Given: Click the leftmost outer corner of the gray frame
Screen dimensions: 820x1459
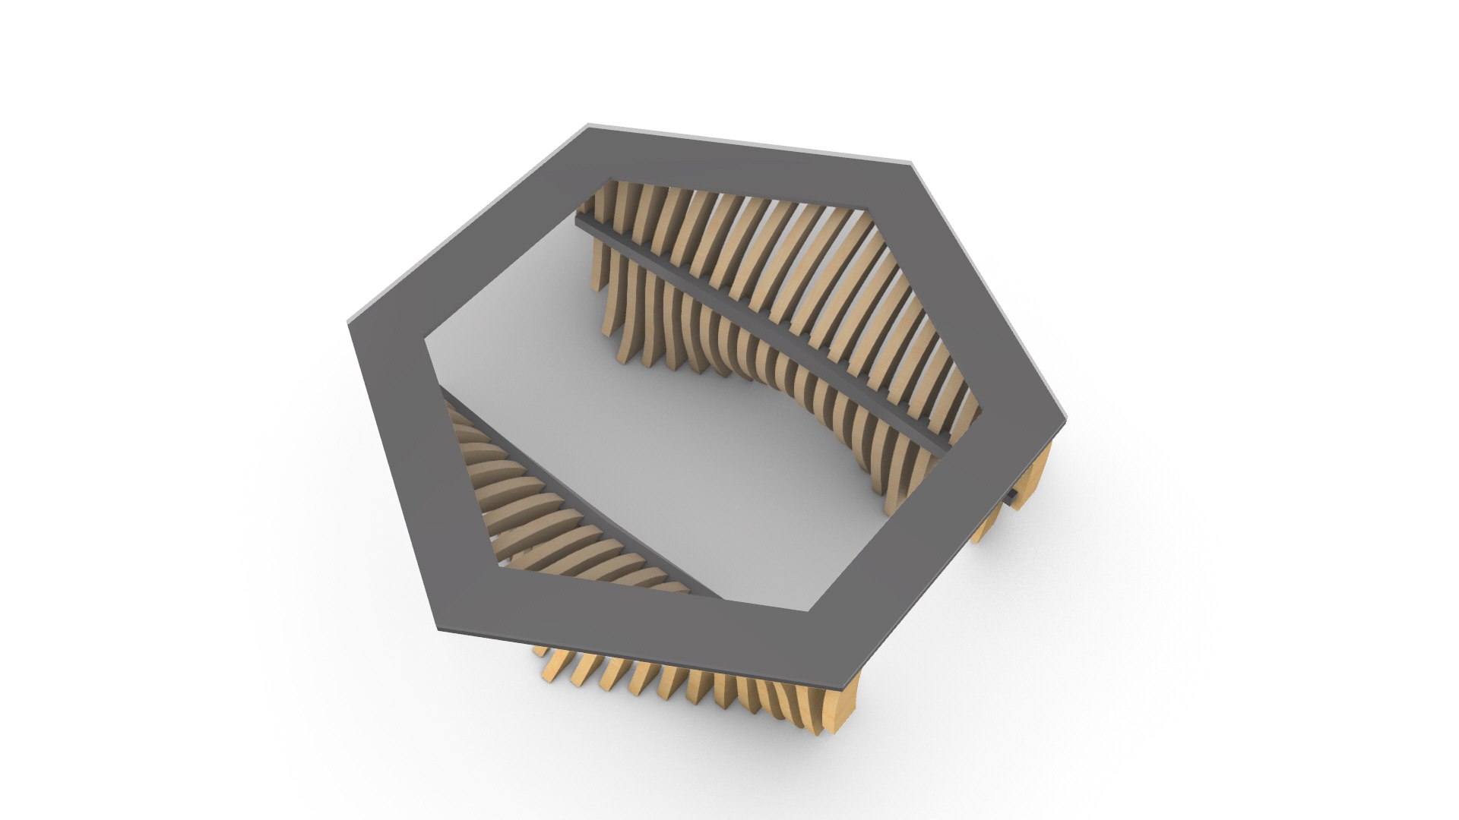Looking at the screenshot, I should pyautogui.click(x=350, y=323).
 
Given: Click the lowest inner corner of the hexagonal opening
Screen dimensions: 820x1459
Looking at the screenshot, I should pyautogui.click(x=807, y=609).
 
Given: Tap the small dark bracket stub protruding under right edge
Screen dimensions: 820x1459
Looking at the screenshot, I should pyautogui.click(x=1011, y=497).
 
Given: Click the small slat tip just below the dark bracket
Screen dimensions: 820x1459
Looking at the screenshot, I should pyautogui.click(x=988, y=524).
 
